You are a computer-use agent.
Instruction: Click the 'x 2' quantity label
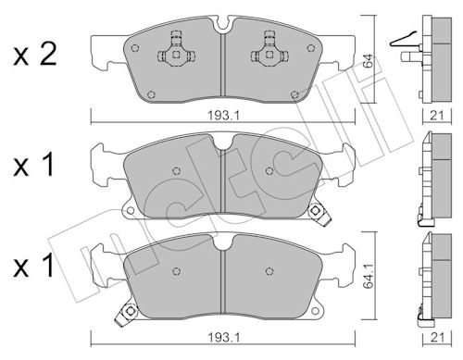pos(35,55)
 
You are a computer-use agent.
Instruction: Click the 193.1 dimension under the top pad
pos(223,116)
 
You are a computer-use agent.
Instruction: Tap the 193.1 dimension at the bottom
pos(223,338)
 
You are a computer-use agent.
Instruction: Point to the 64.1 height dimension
pos(368,276)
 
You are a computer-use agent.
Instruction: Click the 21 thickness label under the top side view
pos(437,116)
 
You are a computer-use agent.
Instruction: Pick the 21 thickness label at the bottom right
pos(437,338)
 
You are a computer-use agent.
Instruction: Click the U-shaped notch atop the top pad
pos(223,25)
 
